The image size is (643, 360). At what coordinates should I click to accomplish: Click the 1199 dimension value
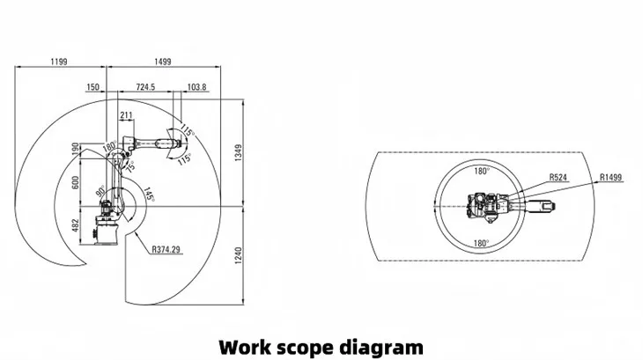tap(58, 62)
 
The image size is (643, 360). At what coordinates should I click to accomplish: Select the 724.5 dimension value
tap(145, 87)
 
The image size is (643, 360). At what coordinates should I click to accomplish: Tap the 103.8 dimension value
tap(197, 87)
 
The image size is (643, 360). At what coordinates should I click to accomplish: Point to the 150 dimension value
tap(92, 87)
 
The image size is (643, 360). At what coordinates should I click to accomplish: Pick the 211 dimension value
tap(126, 114)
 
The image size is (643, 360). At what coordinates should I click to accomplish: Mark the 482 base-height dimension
tap(75, 226)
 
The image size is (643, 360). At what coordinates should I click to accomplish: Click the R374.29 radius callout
tap(166, 250)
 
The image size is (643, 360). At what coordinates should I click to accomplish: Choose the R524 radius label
tap(558, 177)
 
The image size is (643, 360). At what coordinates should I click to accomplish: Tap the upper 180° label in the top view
tap(481, 173)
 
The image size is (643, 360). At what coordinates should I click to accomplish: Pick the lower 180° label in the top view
tap(481, 242)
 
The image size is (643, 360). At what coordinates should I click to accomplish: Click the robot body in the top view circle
tap(483, 208)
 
